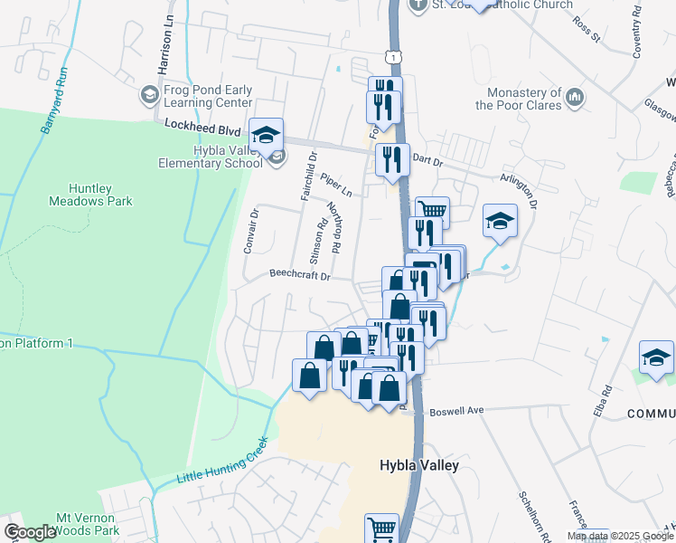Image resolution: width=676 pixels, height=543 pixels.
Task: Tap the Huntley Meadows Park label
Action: pos(102,195)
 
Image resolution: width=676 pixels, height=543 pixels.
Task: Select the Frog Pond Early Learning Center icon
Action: pos(150,93)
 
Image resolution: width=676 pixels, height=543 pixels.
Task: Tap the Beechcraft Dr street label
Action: pos(301,275)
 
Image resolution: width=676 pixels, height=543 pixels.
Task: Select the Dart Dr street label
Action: pos(427,162)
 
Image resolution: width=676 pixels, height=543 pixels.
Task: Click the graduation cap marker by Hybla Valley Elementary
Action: pos(267,137)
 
